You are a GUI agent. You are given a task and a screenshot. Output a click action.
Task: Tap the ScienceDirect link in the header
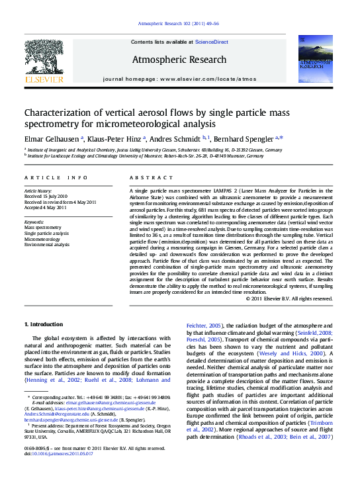click(x=211, y=42)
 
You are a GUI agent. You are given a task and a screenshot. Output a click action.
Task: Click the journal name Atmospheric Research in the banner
click(x=179, y=60)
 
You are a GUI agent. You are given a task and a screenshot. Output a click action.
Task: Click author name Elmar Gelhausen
click(x=52, y=138)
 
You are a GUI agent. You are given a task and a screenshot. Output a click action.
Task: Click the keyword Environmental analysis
click(x=47, y=245)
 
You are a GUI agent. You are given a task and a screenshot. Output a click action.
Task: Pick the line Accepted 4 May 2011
click(x=46, y=208)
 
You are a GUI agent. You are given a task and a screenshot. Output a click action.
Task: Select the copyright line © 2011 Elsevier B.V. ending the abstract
click(x=289, y=298)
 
